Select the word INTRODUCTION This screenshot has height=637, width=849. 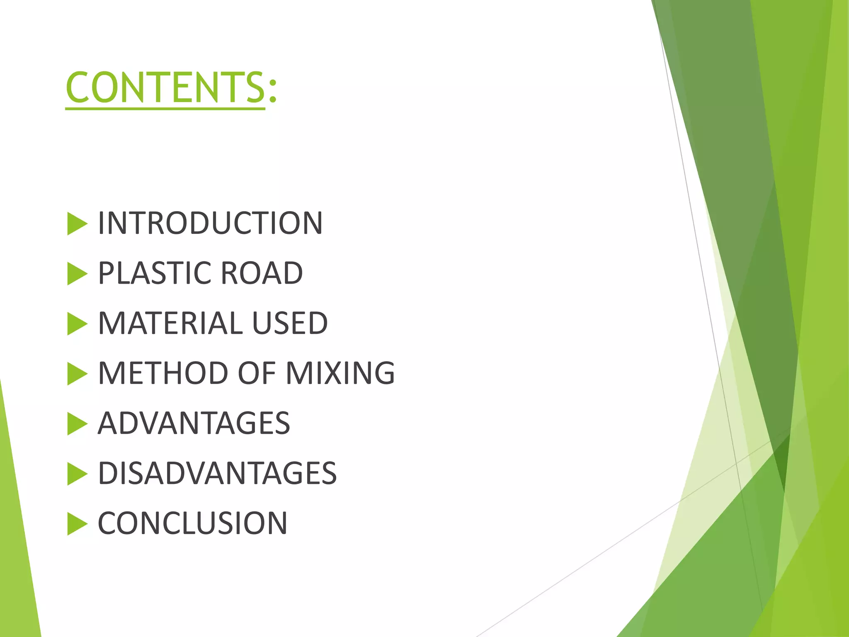coord(210,223)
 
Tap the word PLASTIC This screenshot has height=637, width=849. coord(155,273)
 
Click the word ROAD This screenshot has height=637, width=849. coord(262,273)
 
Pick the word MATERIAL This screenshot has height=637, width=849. coord(170,323)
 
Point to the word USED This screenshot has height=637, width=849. coord(290,323)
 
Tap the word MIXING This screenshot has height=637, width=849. coord(340,373)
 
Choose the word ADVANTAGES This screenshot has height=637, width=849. coord(194,423)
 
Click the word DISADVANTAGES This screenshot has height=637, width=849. coord(217,473)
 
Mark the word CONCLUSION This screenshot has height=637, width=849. coord(192,523)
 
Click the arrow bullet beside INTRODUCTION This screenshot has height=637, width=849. coord(77,224)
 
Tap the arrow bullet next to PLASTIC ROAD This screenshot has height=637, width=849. coord(77,274)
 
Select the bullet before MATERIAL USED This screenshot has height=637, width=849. coord(77,324)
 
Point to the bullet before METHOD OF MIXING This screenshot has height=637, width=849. coord(77,374)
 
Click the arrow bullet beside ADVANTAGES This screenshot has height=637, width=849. coord(77,424)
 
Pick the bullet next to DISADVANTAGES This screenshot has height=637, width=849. coord(77,474)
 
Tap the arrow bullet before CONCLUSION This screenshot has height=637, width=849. coord(77,524)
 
